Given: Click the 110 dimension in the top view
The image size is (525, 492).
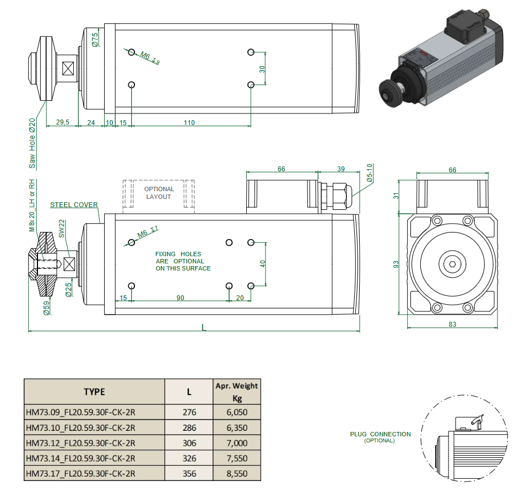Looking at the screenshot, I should pyautogui.click(x=189, y=122).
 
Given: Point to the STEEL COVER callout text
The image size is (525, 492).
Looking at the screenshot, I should pyautogui.click(x=74, y=204).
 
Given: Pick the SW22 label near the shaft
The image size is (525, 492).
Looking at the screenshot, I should pyautogui.click(x=62, y=229).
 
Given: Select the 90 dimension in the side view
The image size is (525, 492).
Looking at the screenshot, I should pyautogui.click(x=180, y=298).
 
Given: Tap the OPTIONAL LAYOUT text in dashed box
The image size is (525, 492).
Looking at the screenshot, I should pyautogui.click(x=159, y=193).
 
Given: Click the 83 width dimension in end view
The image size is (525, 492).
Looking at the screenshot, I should pyautogui.click(x=452, y=325).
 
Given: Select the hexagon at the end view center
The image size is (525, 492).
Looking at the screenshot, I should pyautogui.click(x=452, y=265).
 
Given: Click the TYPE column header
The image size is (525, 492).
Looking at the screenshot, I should pyautogui.click(x=94, y=392).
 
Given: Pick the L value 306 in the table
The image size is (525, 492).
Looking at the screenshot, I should pyautogui.click(x=188, y=443).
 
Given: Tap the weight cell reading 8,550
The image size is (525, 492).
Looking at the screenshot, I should pyautogui.click(x=237, y=473).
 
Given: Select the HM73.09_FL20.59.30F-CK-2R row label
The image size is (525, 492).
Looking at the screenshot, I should pyautogui.click(x=80, y=412).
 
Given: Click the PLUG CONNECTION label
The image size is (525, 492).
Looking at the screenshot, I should pyautogui.click(x=380, y=434).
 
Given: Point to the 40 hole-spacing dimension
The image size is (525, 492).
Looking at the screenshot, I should pyautogui.click(x=263, y=264).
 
